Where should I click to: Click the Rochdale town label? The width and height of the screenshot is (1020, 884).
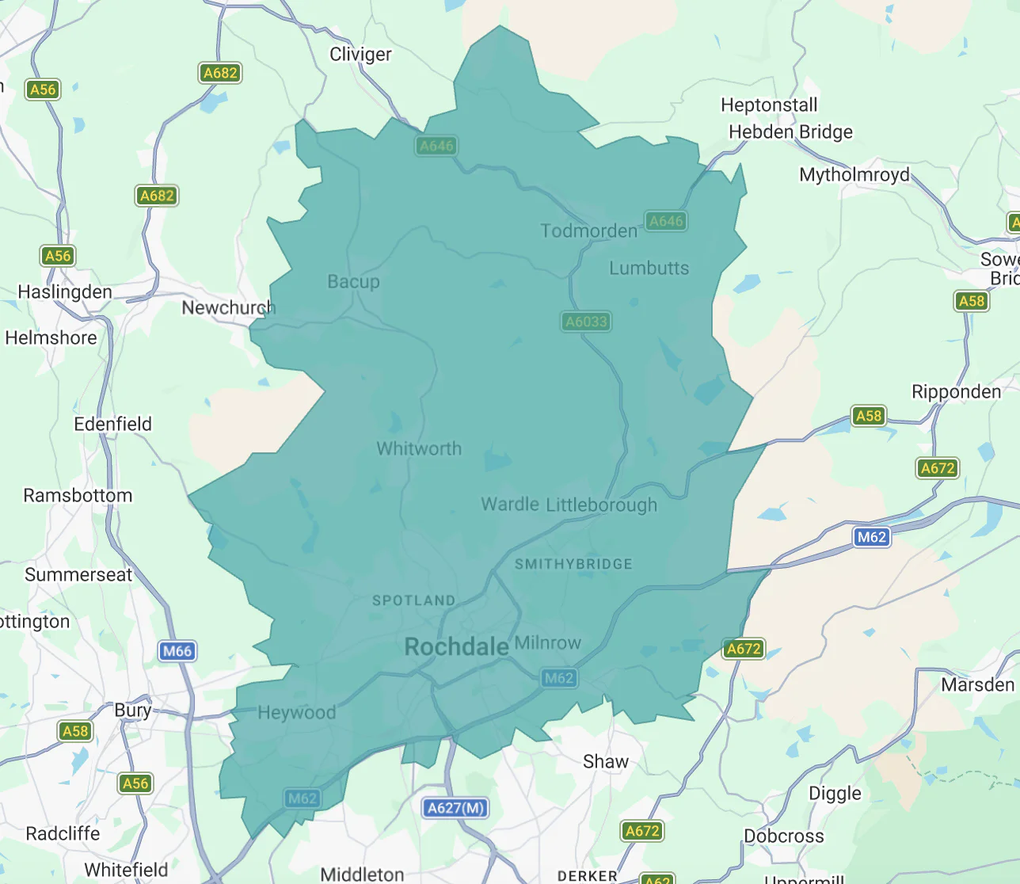point(456,647)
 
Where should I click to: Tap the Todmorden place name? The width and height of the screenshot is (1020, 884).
point(588,231)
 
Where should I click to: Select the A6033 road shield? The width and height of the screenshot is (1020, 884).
point(586,322)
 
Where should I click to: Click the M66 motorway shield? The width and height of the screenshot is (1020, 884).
point(177,651)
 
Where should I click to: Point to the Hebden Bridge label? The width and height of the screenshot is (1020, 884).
point(790,132)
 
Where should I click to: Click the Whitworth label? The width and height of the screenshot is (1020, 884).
point(419,449)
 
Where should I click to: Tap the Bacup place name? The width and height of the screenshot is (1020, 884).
point(353,282)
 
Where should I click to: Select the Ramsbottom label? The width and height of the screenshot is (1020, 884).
point(78,496)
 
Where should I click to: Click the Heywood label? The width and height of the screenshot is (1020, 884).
point(297,713)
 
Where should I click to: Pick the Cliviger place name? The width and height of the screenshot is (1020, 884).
point(360,55)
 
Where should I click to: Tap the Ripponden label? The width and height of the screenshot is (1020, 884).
point(956,392)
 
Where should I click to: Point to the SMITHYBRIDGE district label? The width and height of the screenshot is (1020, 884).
point(573,564)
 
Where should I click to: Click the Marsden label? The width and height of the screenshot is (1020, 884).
point(977,685)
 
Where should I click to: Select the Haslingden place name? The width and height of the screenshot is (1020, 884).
point(65,292)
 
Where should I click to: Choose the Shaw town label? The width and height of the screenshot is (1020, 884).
point(605,762)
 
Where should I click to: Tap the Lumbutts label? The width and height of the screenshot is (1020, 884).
point(649,269)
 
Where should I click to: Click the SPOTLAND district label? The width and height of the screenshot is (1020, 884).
point(413,600)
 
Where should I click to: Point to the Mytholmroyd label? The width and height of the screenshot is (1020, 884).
point(854,175)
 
